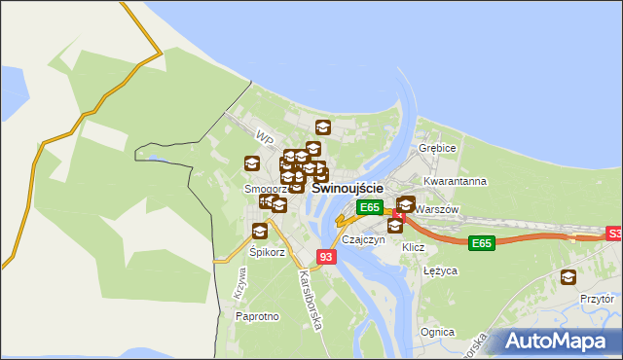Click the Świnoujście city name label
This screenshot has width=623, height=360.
click(347, 188)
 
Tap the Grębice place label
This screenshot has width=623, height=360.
click(437, 148)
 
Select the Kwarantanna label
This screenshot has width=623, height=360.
click(455, 181)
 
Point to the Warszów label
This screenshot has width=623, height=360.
click(436, 209)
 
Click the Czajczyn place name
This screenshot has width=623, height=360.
click(364, 239)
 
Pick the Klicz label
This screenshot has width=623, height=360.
click(414, 247)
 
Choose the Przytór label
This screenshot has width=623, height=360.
click(595, 301)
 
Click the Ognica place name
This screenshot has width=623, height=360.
click(437, 332)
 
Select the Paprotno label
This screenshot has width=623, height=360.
click(258, 316)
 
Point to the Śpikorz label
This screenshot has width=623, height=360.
click(266, 252)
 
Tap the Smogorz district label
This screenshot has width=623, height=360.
click(264, 189)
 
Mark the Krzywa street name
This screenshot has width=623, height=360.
click(239, 282)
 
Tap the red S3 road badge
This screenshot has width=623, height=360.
click(614, 234)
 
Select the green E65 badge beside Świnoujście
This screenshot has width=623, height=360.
click(369, 207)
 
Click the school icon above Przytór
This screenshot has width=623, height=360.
click(568, 277)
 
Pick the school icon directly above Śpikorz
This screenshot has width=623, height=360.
click(260, 231)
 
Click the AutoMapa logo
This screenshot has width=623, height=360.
click(553, 341)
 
